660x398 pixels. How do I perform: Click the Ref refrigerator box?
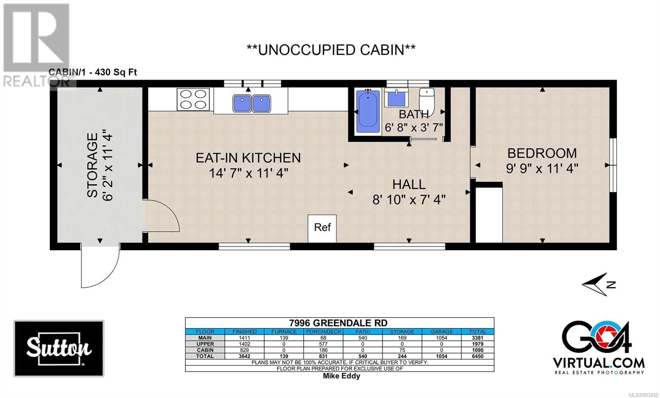pos(322,228)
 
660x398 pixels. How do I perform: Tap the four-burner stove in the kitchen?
pos(193,99)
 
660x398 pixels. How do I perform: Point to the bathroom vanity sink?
pos(396,97)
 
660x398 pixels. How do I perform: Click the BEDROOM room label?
pos(542,153)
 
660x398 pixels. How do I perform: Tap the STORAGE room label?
pos(92,165)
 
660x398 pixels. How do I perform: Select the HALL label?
pos(409,185)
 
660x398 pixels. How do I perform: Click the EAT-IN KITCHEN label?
pos(248,158)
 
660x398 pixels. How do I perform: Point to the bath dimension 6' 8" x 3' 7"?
pos(414,127)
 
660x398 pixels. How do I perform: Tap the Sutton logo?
pos(59,348)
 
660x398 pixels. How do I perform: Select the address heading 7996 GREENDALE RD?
pos(338,323)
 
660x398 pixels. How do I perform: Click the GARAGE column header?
pos(441,332)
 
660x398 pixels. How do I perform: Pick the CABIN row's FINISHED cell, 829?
pos(244,350)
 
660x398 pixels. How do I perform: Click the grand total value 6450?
pos(477,356)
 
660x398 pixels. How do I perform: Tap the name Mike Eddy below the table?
pos(342,376)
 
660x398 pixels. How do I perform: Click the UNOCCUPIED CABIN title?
pos(331,50)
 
